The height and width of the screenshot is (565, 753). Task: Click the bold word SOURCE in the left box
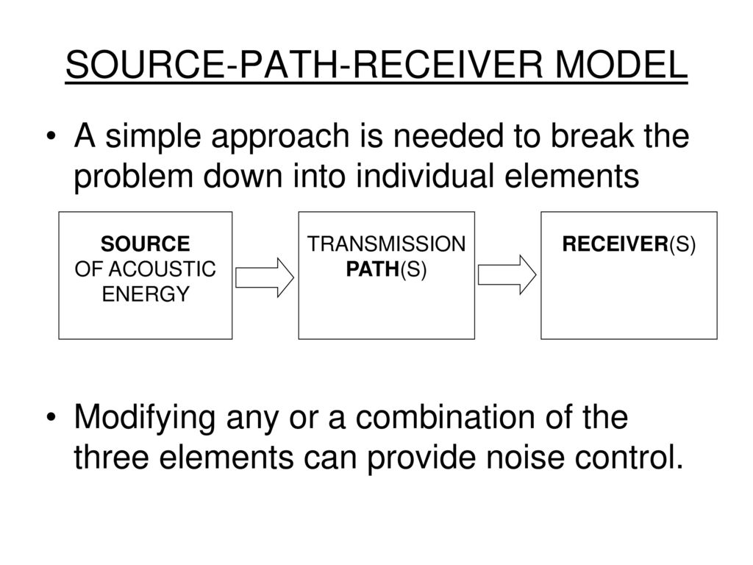pyautogui.click(x=145, y=244)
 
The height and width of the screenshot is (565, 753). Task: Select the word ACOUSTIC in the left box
pyautogui.click(x=163, y=269)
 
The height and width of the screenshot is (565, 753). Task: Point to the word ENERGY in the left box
pyautogui.click(x=146, y=294)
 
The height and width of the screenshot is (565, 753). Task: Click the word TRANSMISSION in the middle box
pyautogui.click(x=386, y=244)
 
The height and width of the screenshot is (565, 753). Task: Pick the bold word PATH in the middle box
pyautogui.click(x=373, y=269)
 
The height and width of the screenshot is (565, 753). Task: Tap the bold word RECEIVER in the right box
pyautogui.click(x=615, y=244)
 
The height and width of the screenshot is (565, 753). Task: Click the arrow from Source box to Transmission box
pyautogui.click(x=265, y=277)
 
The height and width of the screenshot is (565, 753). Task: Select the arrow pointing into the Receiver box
pyautogui.click(x=507, y=275)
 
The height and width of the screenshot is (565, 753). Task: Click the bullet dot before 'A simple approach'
pyautogui.click(x=51, y=137)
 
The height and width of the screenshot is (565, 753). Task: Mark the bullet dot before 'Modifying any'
pyautogui.click(x=51, y=417)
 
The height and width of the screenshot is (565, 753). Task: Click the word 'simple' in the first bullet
pyautogui.click(x=153, y=137)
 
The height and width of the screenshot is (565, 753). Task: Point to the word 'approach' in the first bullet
pyautogui.click(x=280, y=137)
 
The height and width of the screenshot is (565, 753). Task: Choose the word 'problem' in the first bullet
pyautogui.click(x=133, y=177)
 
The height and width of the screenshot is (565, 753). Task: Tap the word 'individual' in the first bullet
pyautogui.click(x=425, y=175)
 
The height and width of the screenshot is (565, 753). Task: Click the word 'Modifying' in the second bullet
pyautogui.click(x=145, y=418)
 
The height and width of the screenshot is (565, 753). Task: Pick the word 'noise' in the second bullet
pyautogui.click(x=525, y=457)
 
